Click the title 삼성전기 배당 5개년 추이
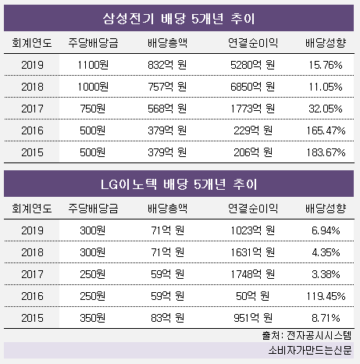pyautogui.click(x=179, y=19)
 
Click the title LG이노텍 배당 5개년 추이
pyautogui.click(x=179, y=184)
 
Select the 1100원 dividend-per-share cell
pyautogui.click(x=93, y=65)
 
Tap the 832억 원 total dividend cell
pyautogui.click(x=167, y=65)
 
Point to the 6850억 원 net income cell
pyautogui.click(x=252, y=87)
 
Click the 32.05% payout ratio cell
pyautogui.click(x=326, y=109)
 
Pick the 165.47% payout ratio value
pyautogui.click(x=326, y=130)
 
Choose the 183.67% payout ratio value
pyautogui.click(x=326, y=152)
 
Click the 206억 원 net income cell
pyautogui.click(x=252, y=152)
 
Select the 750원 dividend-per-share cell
pyautogui.click(x=93, y=109)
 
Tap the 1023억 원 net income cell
pyautogui.click(x=252, y=230)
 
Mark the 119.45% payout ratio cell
pyautogui.click(x=326, y=296)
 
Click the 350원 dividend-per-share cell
pyautogui.click(x=93, y=318)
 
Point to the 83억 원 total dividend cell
pyautogui.click(x=167, y=318)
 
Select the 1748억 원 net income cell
pyautogui.click(x=252, y=274)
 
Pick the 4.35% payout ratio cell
pyautogui.click(x=326, y=252)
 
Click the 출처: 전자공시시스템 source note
pyautogui.click(x=307, y=335)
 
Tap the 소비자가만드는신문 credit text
pyautogui.click(x=310, y=350)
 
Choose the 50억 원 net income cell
pyautogui.click(x=252, y=296)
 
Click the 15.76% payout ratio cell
pyautogui.click(x=326, y=65)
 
